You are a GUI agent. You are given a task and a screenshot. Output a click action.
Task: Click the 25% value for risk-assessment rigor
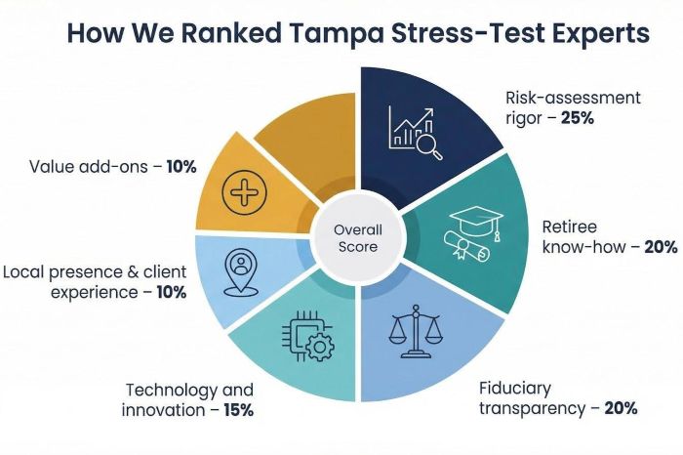[x=578, y=117]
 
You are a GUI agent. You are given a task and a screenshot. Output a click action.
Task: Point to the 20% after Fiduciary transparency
[x=621, y=408]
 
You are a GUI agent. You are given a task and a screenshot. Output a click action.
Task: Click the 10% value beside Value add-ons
[x=181, y=167]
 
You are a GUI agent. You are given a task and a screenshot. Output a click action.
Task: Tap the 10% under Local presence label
[x=171, y=292]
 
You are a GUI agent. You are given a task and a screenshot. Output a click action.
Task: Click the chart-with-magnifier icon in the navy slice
[x=415, y=132]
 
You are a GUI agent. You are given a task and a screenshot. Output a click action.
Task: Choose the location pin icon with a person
[x=239, y=272]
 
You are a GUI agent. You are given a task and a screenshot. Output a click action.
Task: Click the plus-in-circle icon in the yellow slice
[x=244, y=189]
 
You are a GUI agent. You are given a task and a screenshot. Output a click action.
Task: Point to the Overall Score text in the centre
[x=358, y=238]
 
